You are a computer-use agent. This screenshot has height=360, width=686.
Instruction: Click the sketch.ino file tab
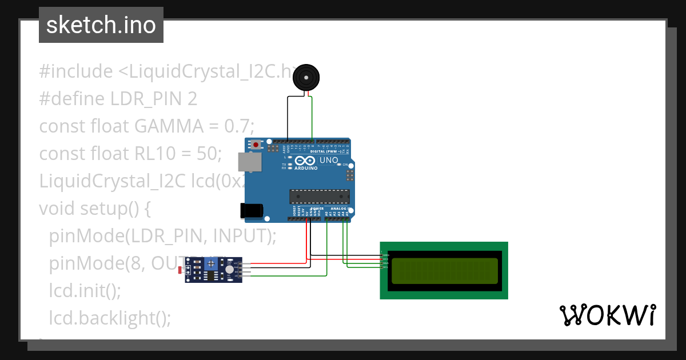pos(101,25)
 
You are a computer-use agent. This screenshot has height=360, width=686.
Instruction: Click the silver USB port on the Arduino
pos(249,162)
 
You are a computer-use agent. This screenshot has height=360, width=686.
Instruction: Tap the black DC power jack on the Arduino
pos(252,210)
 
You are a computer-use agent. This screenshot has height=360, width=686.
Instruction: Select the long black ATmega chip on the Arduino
pos(320,197)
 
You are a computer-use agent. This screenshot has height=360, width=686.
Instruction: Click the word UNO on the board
pos(328,161)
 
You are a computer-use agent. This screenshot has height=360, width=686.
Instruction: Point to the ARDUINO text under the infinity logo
pos(307,168)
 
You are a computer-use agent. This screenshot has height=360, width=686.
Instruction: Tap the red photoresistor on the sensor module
pos(180,269)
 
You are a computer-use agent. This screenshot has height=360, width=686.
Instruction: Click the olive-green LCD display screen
pos(444,271)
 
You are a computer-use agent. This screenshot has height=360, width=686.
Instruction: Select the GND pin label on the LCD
pos(385,255)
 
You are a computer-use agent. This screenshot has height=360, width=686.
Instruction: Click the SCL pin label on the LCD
pos(385,267)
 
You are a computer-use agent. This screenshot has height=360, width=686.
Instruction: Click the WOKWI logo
pos(607,315)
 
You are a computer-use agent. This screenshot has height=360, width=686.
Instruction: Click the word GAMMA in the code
pos(165,126)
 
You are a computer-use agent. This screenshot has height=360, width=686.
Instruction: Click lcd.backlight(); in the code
pos(110,318)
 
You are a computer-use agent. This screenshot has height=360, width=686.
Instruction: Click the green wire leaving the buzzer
pos(312,117)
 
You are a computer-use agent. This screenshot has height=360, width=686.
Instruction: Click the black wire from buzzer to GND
pos(288,117)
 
